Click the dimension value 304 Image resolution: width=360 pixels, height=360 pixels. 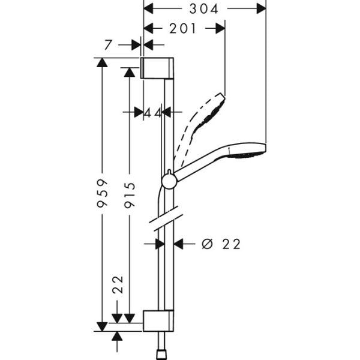tap(202, 8)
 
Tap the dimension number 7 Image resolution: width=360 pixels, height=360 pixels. tap(107, 44)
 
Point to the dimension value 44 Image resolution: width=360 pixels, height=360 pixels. tap(153, 112)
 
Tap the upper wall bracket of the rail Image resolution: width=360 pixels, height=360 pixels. tap(158, 68)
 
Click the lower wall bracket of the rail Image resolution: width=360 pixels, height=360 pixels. tap(158, 320)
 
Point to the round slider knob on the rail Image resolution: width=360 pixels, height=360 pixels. tap(169, 180)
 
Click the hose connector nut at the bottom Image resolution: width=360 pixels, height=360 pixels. tap(161, 354)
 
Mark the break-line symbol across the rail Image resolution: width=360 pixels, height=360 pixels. tap(166, 220)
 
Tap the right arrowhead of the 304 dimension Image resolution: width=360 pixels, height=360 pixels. tap(260, 8)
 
